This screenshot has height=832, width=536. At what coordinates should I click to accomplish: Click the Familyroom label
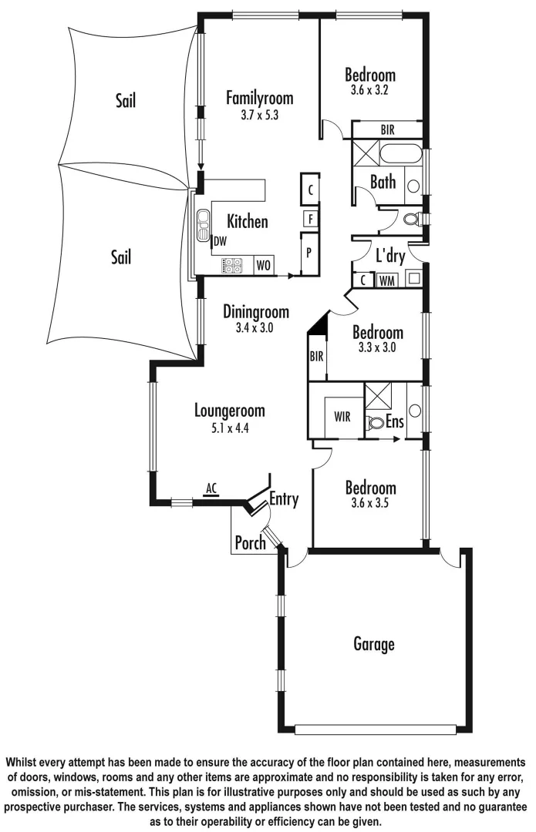pos(259,98)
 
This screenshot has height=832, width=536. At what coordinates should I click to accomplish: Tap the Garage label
pos(373,643)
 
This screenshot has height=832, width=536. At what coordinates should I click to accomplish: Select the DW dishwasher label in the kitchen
pos(221,242)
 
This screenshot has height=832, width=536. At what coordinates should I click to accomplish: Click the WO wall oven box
pos(263,266)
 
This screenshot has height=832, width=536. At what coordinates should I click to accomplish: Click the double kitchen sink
pos(204,224)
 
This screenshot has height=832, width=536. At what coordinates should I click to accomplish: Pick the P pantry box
pos(309,253)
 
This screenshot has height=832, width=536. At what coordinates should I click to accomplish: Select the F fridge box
pos(309,218)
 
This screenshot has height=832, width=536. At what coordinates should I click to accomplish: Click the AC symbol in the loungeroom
pos(211,488)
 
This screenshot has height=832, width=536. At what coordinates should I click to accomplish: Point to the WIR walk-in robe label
pos(342,416)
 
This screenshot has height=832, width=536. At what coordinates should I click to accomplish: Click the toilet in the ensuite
pos(376,423)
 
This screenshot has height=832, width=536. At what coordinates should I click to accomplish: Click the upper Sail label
pos(125,99)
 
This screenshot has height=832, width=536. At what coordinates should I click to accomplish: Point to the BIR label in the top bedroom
pos(387,129)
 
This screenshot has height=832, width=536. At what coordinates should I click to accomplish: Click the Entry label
pos(283,499)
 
